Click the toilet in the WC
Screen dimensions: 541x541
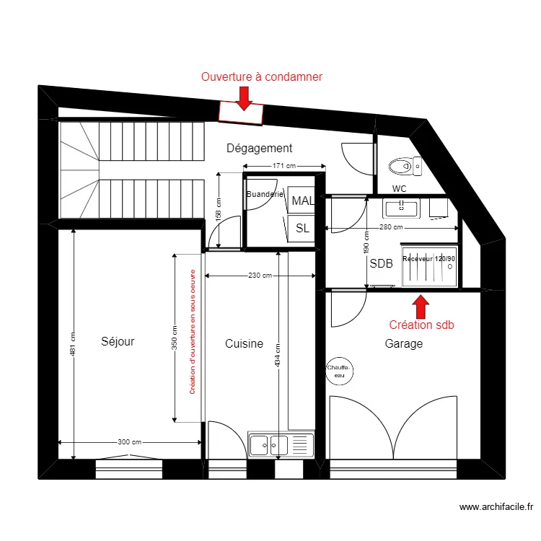click(405, 166)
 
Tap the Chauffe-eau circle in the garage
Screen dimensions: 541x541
click(340, 371)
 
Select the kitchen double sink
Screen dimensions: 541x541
click(281, 444)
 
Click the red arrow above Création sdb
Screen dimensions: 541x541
click(421, 307)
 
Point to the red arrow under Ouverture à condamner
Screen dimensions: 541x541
click(244, 99)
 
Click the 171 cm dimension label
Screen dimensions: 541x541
click(284, 166)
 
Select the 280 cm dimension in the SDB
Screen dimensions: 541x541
click(391, 227)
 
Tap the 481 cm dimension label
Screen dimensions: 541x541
click(73, 344)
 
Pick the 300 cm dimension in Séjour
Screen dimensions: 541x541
click(129, 442)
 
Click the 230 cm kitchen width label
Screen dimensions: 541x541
click(260, 276)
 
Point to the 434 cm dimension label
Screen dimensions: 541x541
click(278, 356)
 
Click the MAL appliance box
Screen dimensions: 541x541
click(302, 200)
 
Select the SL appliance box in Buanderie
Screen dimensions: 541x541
click(302, 228)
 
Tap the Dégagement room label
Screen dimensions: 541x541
click(259, 148)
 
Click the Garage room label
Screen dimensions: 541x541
click(404, 343)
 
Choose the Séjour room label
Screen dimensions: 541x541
click(118, 341)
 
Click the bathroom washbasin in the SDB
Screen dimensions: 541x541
click(401, 208)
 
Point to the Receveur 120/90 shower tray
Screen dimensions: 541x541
click(430, 265)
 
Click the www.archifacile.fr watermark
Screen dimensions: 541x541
click(496, 507)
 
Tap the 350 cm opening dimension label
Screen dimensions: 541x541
click(175, 338)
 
